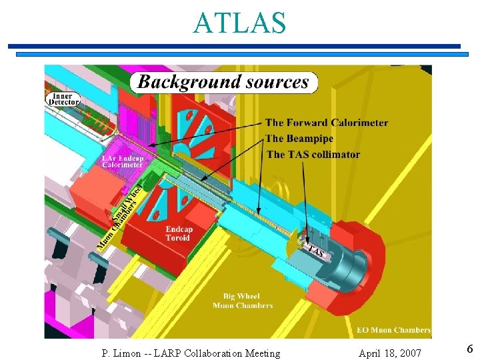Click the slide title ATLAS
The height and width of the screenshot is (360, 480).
[x=239, y=23]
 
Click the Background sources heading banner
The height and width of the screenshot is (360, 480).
[x=223, y=82]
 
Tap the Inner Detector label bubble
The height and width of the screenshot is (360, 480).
[x=63, y=99]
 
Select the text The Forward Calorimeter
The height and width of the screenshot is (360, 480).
[x=326, y=123]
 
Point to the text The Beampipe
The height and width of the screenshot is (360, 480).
[x=299, y=139]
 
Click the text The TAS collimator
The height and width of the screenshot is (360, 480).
[x=313, y=155]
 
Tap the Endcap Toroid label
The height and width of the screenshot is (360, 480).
[x=178, y=233]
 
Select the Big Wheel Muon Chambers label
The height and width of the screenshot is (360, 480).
[x=242, y=301]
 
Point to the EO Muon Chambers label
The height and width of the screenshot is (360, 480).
[x=393, y=330]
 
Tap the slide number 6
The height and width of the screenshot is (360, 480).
[x=469, y=349]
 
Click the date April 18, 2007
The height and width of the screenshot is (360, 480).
[x=389, y=353]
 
